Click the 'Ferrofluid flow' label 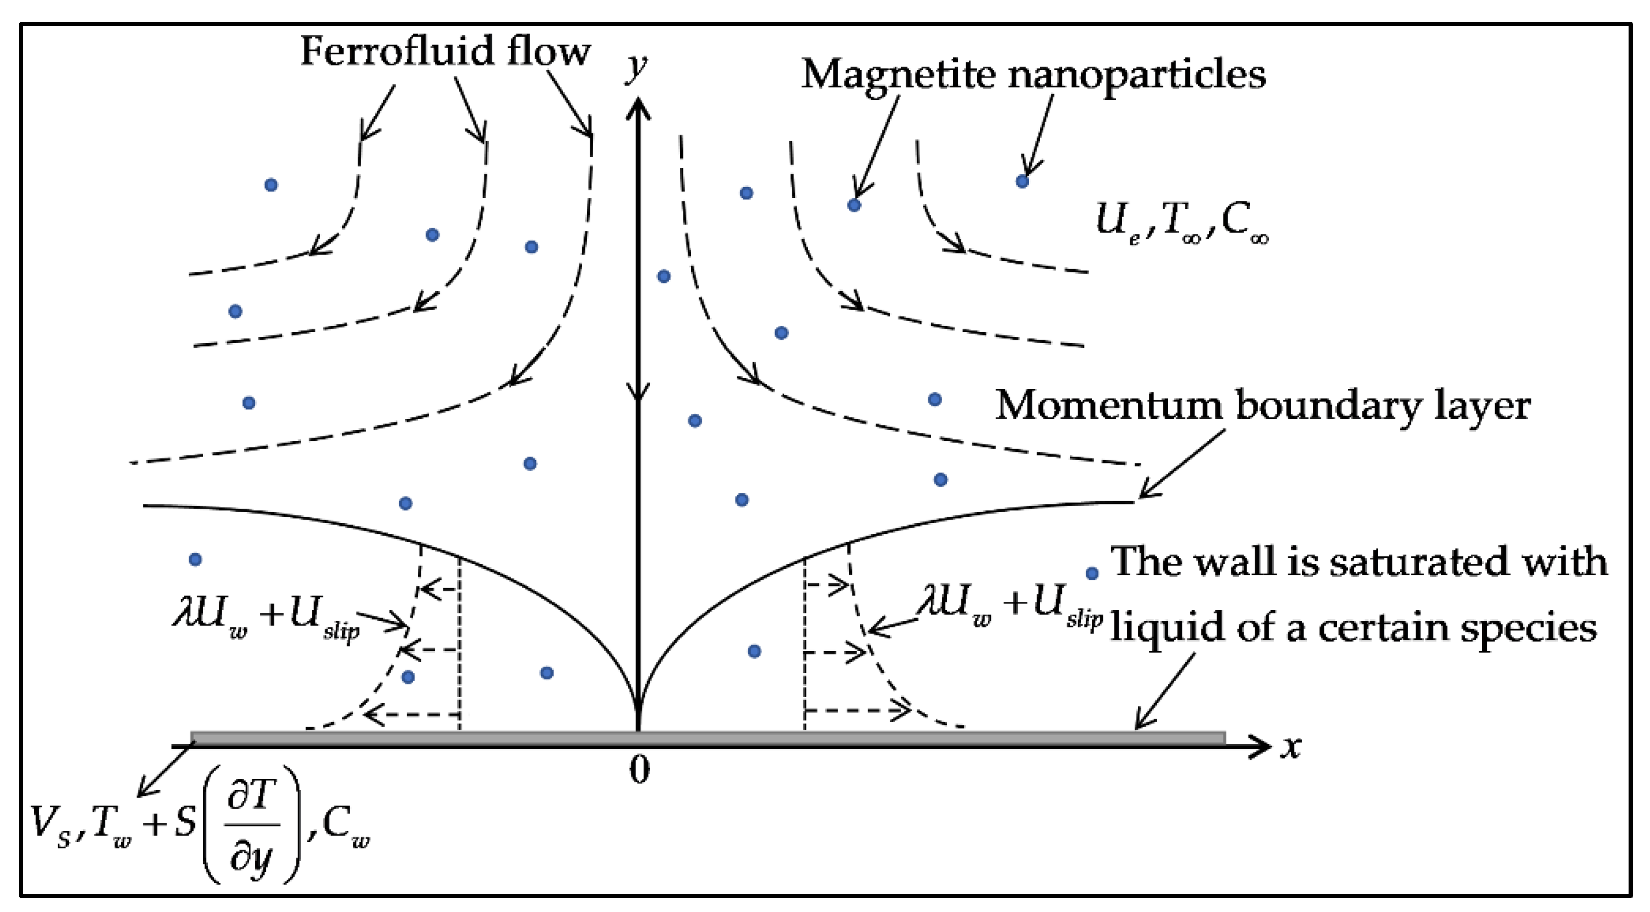click(444, 52)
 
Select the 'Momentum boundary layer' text click(1262, 406)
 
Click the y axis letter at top click(635, 67)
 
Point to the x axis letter click(1290, 746)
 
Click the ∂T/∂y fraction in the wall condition click(252, 826)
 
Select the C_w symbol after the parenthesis click(346, 826)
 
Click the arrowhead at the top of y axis click(637, 108)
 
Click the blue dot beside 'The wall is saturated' click(1092, 573)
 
